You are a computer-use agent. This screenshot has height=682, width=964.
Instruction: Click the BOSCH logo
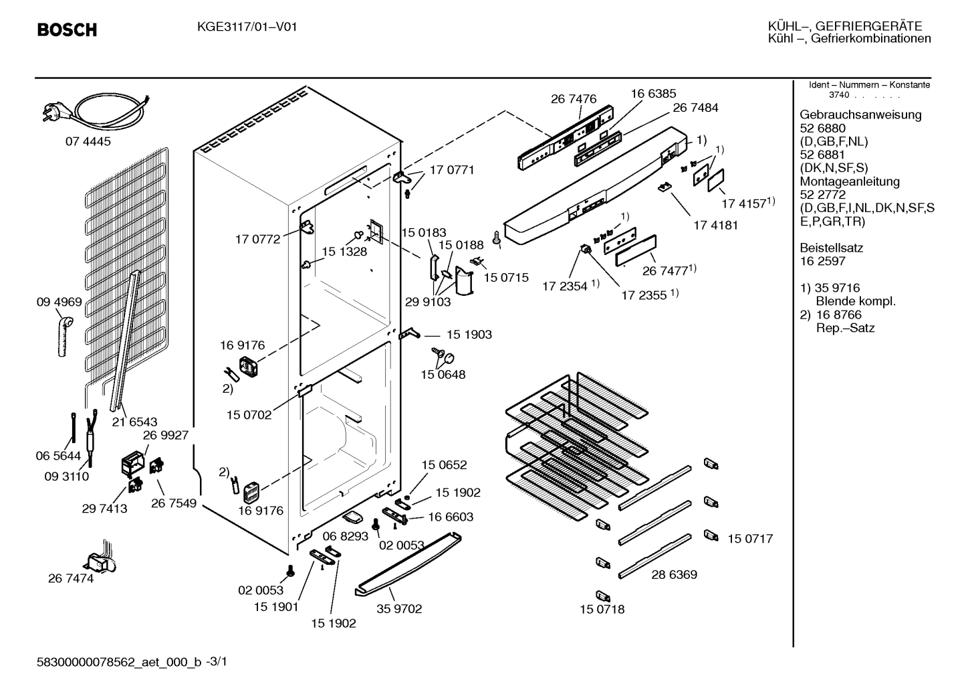click(67, 30)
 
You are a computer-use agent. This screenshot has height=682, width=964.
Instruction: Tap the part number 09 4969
click(59, 302)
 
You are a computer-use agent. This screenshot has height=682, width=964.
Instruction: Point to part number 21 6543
click(134, 422)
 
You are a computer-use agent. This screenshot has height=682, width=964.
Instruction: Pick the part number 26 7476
click(574, 99)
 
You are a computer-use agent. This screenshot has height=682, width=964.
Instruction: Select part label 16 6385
click(653, 94)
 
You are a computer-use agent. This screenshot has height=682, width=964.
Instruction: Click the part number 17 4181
click(715, 225)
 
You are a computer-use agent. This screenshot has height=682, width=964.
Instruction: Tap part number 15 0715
click(506, 276)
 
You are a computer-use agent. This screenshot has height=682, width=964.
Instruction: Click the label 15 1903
click(469, 335)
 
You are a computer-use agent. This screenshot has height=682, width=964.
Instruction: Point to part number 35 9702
click(399, 609)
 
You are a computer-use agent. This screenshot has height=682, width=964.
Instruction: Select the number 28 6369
click(675, 574)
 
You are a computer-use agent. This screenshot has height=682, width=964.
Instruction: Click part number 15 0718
click(602, 610)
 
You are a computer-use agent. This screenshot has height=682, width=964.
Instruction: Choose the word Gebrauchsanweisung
click(860, 114)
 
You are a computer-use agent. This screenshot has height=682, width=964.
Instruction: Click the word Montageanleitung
click(850, 181)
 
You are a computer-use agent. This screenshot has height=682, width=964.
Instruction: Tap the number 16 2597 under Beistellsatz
click(822, 261)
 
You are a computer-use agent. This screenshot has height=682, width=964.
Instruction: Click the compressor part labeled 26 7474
click(100, 556)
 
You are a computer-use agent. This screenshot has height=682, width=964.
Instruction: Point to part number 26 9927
click(166, 434)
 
